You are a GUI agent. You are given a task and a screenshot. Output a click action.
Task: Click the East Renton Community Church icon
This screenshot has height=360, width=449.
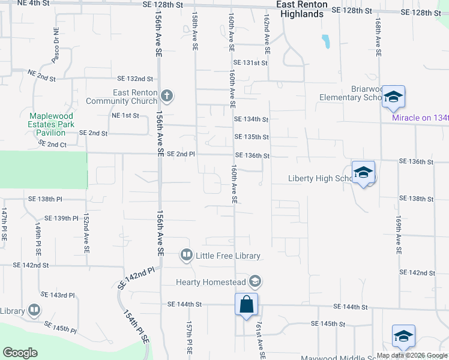167,95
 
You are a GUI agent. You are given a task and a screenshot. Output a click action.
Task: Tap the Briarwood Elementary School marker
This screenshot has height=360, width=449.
393,97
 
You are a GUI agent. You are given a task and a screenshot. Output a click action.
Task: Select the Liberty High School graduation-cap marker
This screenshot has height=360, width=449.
363,172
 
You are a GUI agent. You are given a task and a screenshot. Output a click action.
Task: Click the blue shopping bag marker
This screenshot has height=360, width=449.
247,304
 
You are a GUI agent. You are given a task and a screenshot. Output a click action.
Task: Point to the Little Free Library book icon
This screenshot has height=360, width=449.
187,256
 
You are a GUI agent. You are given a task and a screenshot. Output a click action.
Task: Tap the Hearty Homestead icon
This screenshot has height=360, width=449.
255,281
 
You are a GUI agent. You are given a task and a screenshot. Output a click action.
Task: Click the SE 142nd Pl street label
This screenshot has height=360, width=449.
136,279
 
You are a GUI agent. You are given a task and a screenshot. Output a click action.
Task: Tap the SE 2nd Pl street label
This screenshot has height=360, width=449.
181,154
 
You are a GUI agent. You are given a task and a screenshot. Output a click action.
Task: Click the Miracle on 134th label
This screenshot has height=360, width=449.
420,118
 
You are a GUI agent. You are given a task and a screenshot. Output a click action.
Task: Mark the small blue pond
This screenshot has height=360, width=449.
326,41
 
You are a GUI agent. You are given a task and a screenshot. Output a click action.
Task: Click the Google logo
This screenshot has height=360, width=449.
20,353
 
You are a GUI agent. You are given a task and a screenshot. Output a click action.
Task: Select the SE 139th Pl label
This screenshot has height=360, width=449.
62,218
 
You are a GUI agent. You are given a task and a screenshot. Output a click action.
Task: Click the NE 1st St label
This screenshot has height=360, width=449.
125,115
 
